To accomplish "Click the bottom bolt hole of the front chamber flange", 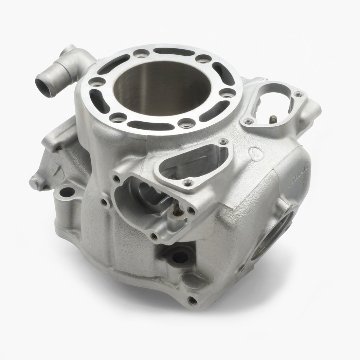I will (x=154, y=235).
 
